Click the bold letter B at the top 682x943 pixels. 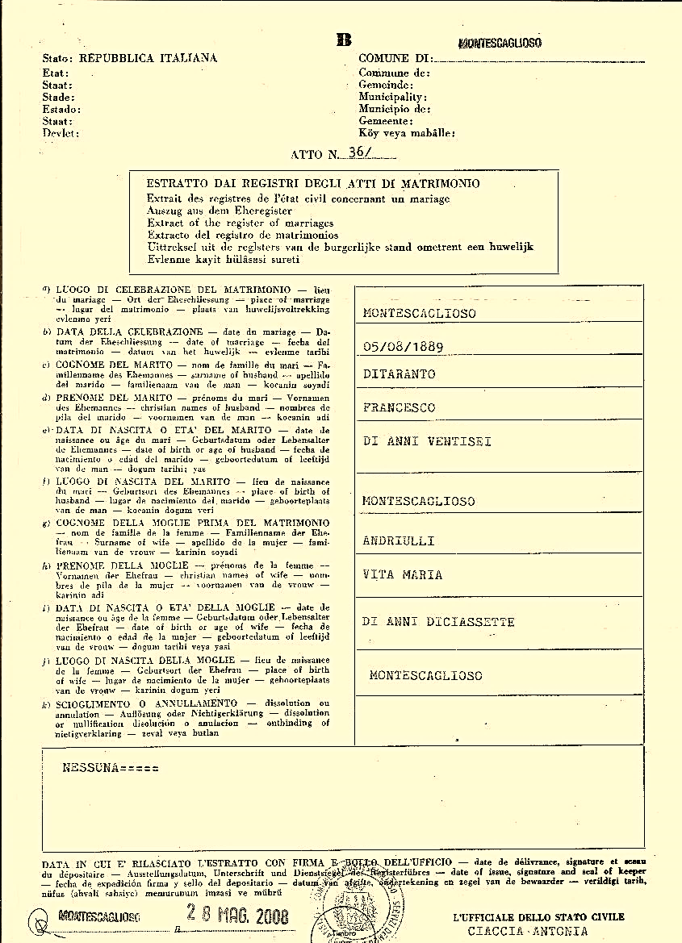click(x=344, y=40)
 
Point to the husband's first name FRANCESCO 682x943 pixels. click(x=399, y=407)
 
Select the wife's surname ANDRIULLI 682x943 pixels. click(x=399, y=540)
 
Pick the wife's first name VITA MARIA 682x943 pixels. click(x=403, y=574)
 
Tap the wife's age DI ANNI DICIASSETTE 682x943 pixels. click(x=438, y=622)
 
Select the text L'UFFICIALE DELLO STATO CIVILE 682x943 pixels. click(x=538, y=917)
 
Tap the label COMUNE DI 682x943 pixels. click(x=394, y=59)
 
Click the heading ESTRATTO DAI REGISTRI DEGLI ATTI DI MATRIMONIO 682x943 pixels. click(x=313, y=184)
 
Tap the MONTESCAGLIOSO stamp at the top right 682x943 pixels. click(x=499, y=43)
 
